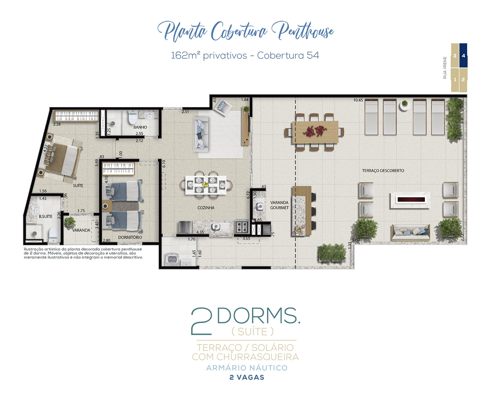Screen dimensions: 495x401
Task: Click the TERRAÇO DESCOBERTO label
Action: [383, 170]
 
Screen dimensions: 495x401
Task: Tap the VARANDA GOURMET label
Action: [279, 205]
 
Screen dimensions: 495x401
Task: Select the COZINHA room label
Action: [206, 208]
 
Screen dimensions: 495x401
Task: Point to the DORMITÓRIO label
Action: [130, 237]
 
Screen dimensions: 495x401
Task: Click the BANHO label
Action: [140, 127]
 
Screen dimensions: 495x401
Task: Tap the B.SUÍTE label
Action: [45, 216]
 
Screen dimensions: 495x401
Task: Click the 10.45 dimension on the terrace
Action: [358, 100]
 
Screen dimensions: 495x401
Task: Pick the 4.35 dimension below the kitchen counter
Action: [200, 232]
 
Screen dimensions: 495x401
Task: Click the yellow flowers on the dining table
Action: [205, 185]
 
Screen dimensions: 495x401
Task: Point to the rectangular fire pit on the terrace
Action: [410, 200]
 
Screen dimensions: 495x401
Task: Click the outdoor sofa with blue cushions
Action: [411, 232]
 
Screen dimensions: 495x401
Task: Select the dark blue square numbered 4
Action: [463, 55]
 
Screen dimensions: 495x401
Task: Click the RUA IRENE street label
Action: [445, 68]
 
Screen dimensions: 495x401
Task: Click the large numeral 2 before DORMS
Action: [201, 321]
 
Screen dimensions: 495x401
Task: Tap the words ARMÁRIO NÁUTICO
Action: [247, 368]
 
